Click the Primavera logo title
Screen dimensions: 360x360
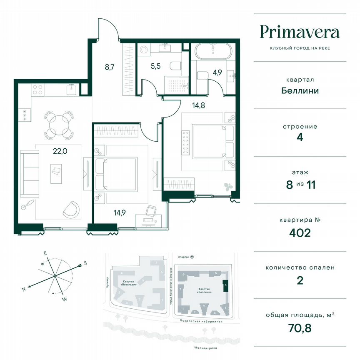tap(300, 32)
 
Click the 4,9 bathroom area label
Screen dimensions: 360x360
tap(217, 72)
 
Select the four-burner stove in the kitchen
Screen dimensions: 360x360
tap(38, 90)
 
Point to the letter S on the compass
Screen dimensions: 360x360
tap(85, 263)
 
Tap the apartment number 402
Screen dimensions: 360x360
tap(300, 232)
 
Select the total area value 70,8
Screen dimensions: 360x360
tap(300, 327)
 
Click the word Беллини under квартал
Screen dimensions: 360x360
tap(300, 90)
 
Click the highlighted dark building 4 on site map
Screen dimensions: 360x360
tap(225, 287)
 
